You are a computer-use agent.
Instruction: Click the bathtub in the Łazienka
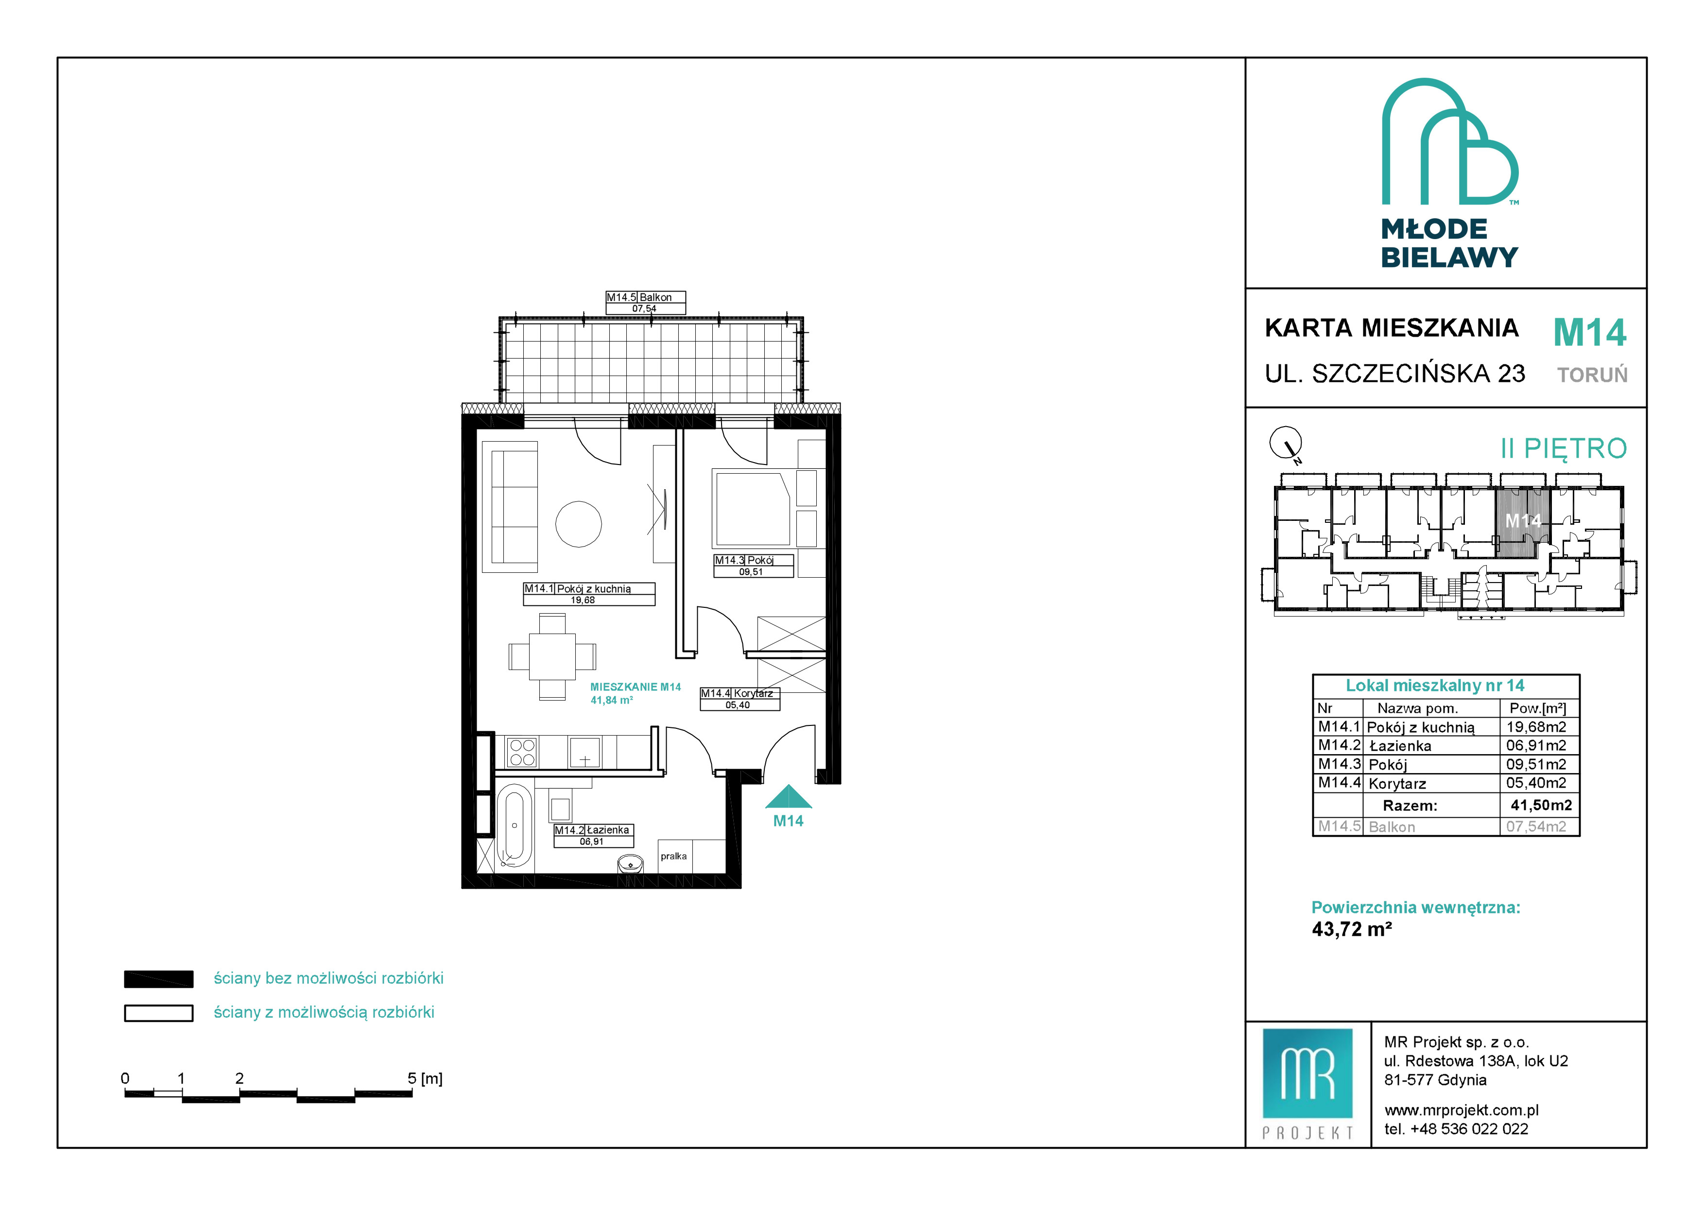pyautogui.click(x=515, y=826)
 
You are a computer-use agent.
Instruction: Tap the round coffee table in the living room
pyautogui.click(x=579, y=524)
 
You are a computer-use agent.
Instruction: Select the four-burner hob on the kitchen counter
pyautogui.click(x=522, y=752)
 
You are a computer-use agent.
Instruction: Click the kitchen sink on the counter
pyautogui.click(x=585, y=752)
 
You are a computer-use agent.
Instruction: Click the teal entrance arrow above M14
pyautogui.click(x=789, y=796)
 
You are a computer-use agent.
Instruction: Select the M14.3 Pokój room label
pyautogui.click(x=753, y=566)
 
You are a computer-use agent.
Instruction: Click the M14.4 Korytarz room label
pyautogui.click(x=740, y=699)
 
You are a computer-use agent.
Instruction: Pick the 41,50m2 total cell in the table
pyautogui.click(x=1541, y=805)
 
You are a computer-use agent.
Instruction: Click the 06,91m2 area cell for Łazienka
pyautogui.click(x=1535, y=746)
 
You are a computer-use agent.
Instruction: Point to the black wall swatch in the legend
pyautogui.click(x=159, y=980)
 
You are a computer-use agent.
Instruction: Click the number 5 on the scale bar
pyautogui.click(x=412, y=1078)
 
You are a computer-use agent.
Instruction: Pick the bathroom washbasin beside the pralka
pyautogui.click(x=631, y=864)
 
